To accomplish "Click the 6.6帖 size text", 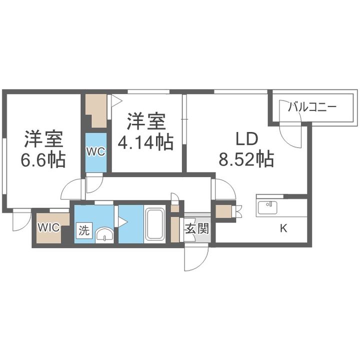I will [x=42, y=159].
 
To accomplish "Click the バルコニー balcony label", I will [x=313, y=106].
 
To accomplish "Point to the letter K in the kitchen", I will [x=283, y=229].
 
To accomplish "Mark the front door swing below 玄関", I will [x=195, y=257].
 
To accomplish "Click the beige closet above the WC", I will [x=97, y=108].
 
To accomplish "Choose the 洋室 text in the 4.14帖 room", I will [x=145, y=121].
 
